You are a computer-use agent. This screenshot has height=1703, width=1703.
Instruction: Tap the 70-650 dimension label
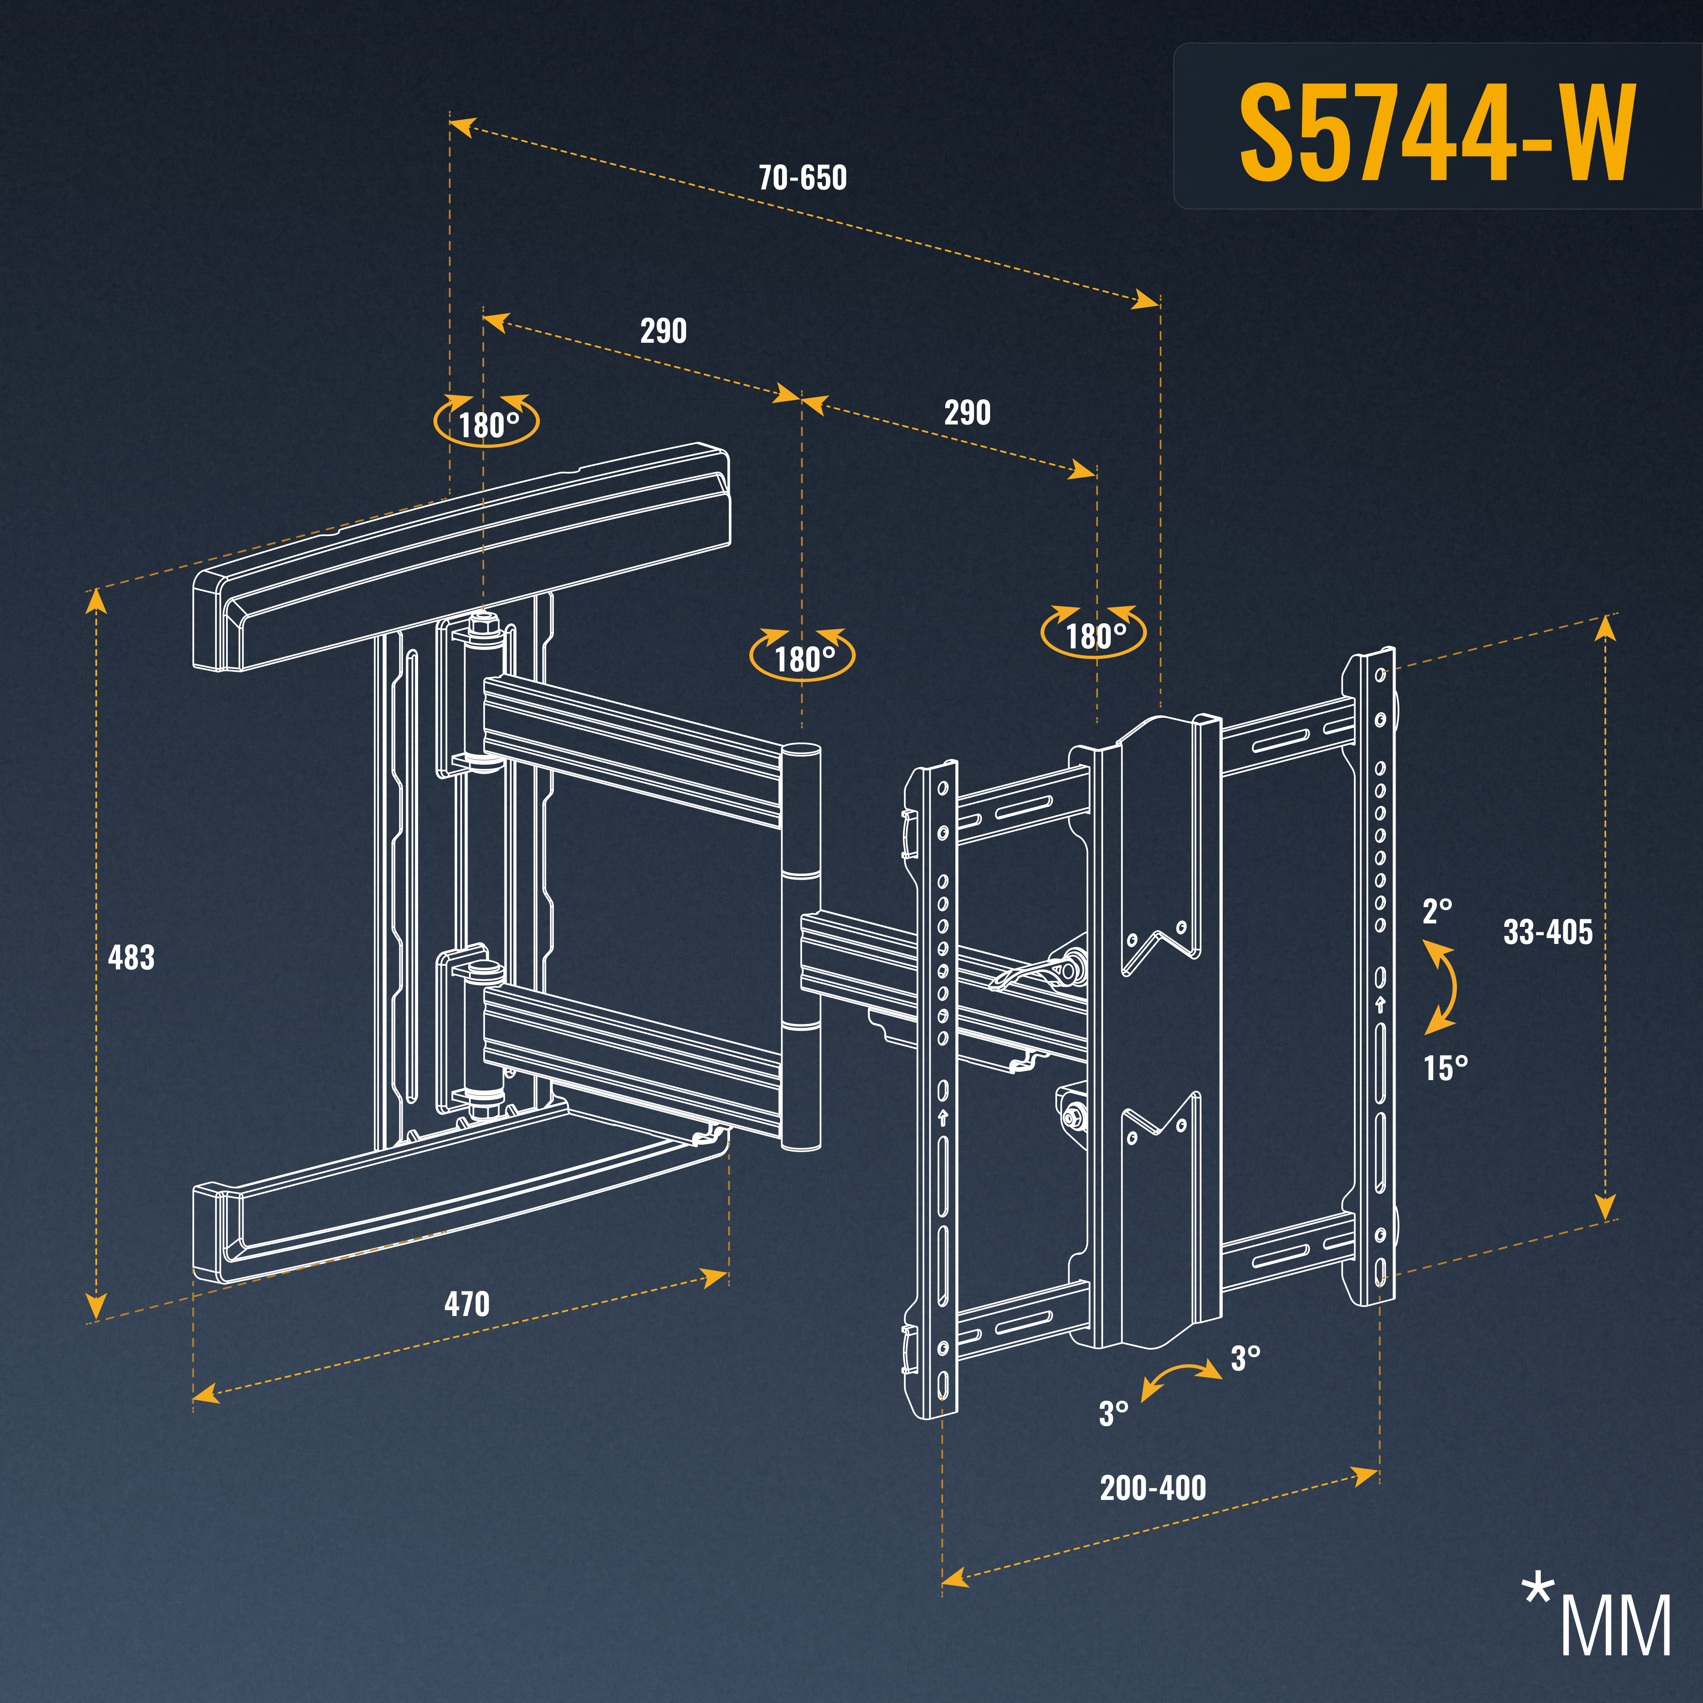point(802,178)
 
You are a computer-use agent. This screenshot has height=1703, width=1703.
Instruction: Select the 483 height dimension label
point(130,957)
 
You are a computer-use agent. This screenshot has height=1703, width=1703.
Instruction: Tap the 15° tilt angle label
point(1445,1068)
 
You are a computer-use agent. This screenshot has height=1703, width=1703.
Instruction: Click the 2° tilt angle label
point(1437,912)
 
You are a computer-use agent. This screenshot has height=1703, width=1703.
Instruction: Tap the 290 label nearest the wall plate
point(663,331)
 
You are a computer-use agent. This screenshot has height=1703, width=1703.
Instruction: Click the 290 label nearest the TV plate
point(967,413)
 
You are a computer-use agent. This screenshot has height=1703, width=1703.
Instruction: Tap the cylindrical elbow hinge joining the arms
point(800,948)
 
